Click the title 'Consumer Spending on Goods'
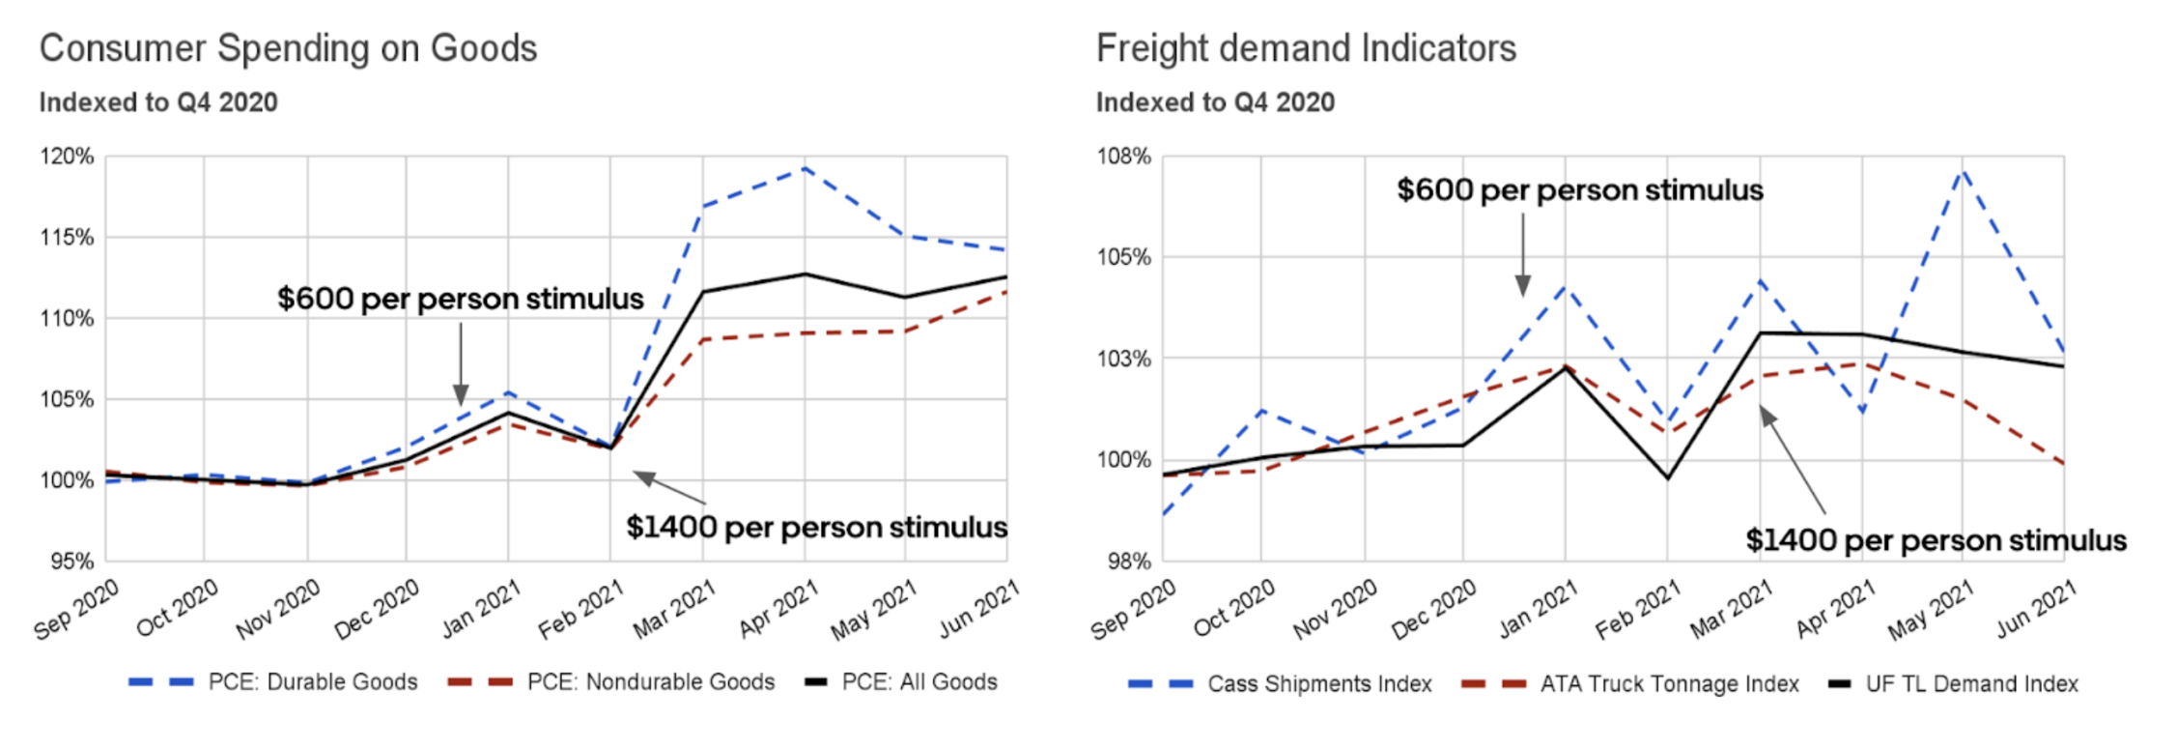pos(288,48)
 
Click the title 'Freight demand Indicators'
pos(1306,48)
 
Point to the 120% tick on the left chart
pos(67,157)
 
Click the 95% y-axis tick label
pos(71,562)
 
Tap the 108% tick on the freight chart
pos(1123,157)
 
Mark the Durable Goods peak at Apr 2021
pos(805,168)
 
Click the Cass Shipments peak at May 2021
pos(1963,171)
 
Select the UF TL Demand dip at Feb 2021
pos(1667,477)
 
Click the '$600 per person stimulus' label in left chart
pos(460,299)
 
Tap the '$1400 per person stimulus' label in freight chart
pos(1936,540)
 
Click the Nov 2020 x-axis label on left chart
pos(278,610)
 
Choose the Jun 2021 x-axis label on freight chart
pos(2036,610)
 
